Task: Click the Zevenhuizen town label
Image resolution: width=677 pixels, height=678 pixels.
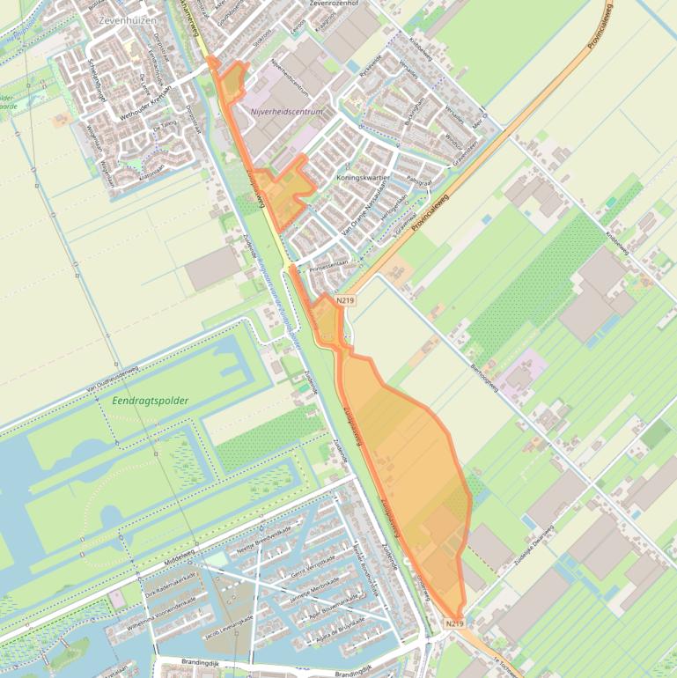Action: pos(129,19)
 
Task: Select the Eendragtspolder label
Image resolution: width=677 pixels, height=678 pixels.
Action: pos(151,401)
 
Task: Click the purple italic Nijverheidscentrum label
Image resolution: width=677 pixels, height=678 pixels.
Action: pos(287,112)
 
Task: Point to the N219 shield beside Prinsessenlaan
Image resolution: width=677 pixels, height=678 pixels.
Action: pos(344,301)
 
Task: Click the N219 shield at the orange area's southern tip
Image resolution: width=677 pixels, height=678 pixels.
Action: pos(454,623)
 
